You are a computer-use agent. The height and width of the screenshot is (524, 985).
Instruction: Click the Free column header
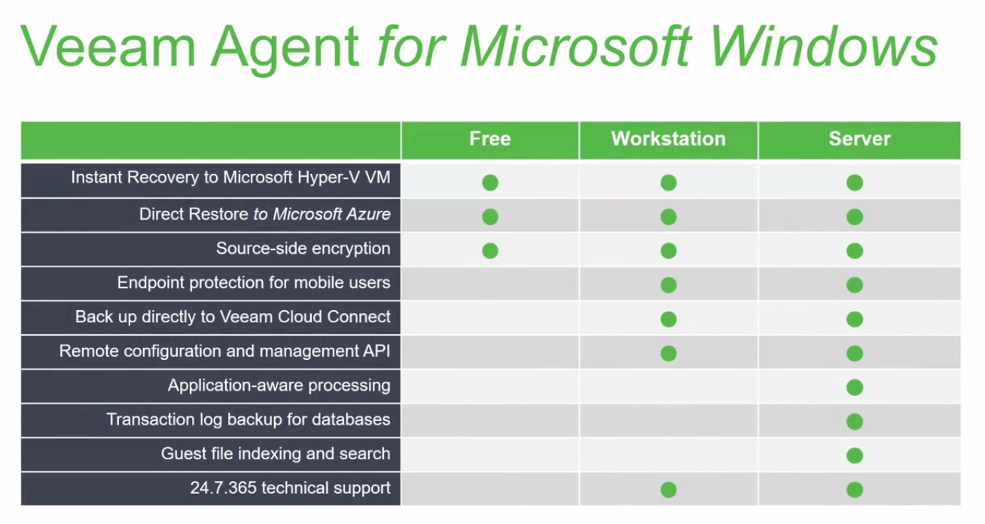pyautogui.click(x=489, y=139)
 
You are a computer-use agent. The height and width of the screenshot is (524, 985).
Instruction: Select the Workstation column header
pyautogui.click(x=668, y=139)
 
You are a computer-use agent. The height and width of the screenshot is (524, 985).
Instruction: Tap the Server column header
pyautogui.click(x=859, y=139)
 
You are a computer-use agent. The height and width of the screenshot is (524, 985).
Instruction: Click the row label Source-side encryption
pyautogui.click(x=303, y=248)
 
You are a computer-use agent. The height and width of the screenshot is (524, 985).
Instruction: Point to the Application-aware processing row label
pyautogui.click(x=279, y=386)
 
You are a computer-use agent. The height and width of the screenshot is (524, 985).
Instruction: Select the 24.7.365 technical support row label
pyautogui.click(x=290, y=488)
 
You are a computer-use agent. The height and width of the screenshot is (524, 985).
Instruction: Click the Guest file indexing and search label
pyautogui.click(x=276, y=454)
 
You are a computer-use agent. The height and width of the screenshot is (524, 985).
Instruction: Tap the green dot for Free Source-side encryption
pyautogui.click(x=489, y=251)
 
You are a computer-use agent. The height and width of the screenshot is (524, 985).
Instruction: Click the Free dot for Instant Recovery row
pyautogui.click(x=489, y=182)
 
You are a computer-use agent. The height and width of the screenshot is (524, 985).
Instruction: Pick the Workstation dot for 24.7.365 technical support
pyautogui.click(x=668, y=490)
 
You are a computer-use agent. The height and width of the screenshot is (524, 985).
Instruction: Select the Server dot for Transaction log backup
pyautogui.click(x=854, y=422)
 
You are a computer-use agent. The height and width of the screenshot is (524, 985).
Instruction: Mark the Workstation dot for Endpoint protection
pyautogui.click(x=668, y=285)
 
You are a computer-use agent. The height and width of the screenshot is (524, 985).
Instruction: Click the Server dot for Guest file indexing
pyautogui.click(x=854, y=455)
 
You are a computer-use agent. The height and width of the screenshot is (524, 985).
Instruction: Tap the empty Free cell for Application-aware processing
pyautogui.click(x=489, y=386)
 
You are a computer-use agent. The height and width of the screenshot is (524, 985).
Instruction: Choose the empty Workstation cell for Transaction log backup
pyautogui.click(x=668, y=420)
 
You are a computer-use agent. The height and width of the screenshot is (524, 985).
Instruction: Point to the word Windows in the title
pyautogui.click(x=823, y=47)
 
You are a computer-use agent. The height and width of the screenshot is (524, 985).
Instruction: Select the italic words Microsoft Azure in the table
pyautogui.click(x=331, y=215)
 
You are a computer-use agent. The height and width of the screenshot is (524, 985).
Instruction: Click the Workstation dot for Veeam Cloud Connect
pyautogui.click(x=668, y=319)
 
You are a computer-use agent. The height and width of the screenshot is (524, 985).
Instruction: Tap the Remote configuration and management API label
pyautogui.click(x=224, y=352)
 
